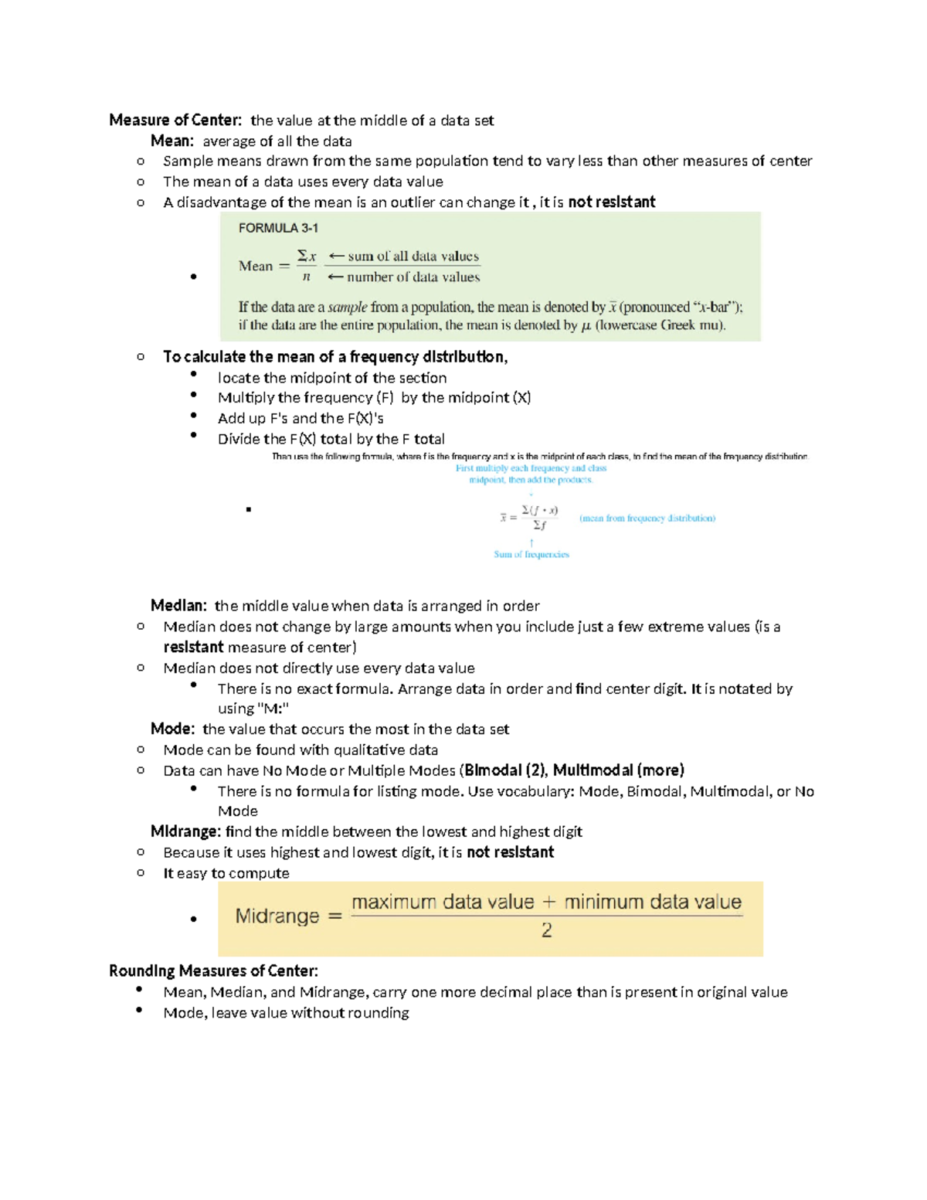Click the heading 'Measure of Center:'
(175, 120)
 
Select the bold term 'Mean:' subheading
(171, 141)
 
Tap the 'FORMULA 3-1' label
(278, 228)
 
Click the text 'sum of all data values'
(413, 256)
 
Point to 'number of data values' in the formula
(413, 277)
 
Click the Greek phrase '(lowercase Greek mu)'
(660, 325)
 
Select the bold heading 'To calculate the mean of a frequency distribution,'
(335, 356)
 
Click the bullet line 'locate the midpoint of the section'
(332, 378)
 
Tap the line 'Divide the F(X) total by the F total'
(331, 439)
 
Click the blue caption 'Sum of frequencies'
(531, 554)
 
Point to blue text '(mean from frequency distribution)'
(647, 518)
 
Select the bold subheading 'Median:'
(178, 606)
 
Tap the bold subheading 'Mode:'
(172, 729)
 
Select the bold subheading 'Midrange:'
(185, 831)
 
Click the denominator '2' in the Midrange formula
(547, 930)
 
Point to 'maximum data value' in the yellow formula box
(443, 902)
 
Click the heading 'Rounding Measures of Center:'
(213, 971)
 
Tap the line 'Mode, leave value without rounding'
(286, 1012)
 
